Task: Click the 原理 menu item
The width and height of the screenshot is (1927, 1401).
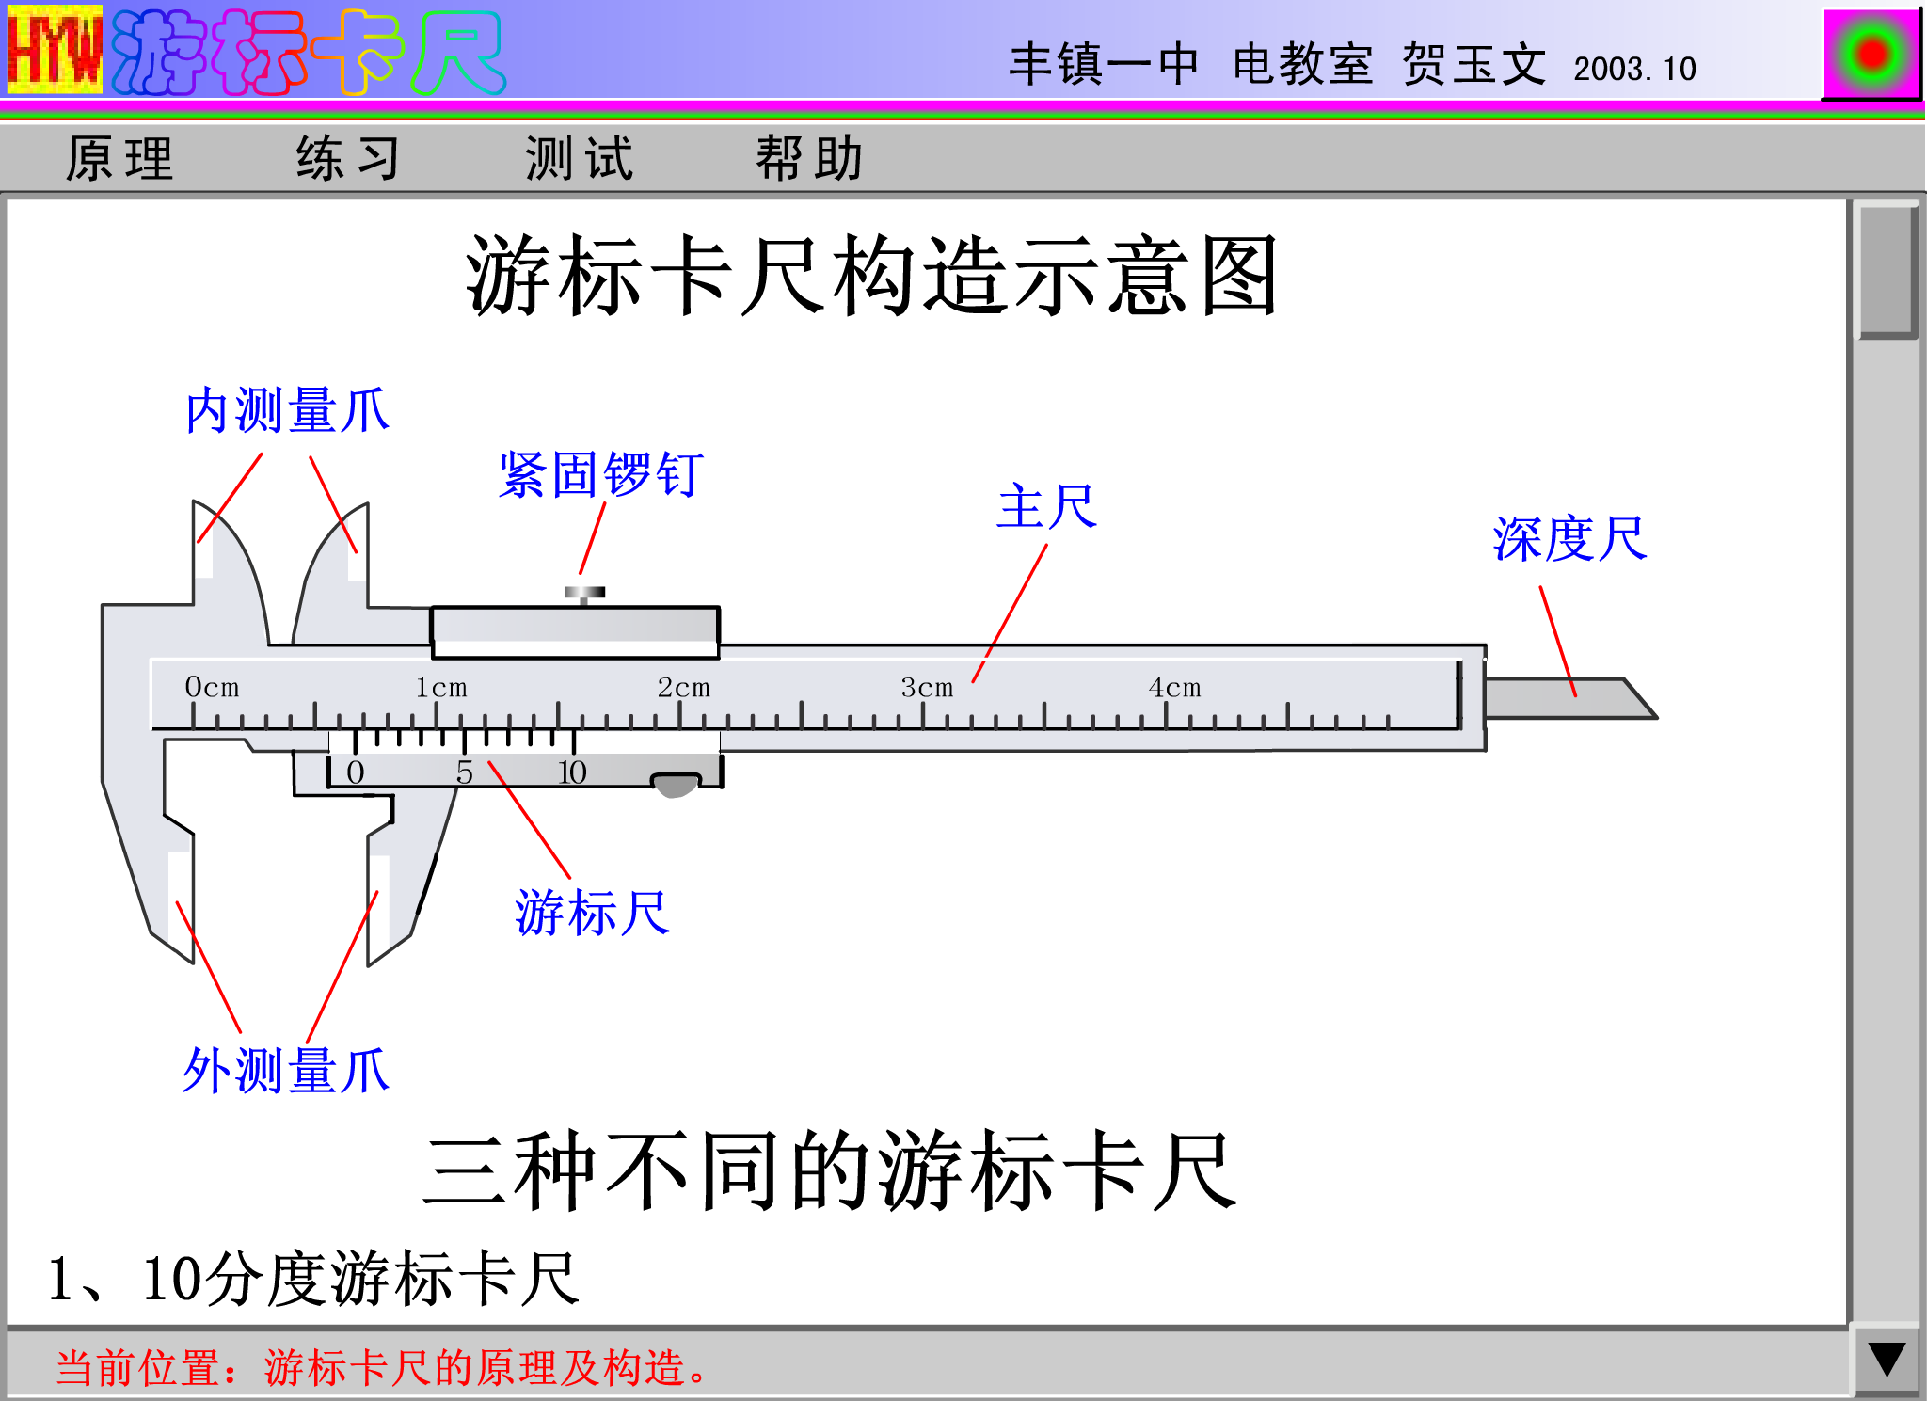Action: [119, 158]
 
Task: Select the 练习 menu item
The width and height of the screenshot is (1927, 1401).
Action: [349, 158]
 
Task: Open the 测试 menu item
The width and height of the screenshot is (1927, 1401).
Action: [580, 158]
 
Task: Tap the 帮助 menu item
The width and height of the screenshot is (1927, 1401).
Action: [810, 158]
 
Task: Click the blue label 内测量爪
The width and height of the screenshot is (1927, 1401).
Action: [288, 410]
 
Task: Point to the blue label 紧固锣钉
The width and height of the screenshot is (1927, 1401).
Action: [601, 474]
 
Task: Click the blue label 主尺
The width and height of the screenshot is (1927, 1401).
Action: [1047, 507]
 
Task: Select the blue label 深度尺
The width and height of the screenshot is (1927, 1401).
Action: [1570, 539]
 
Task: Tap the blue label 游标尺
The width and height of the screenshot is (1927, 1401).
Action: [593, 913]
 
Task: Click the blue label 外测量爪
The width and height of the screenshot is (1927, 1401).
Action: [286, 1071]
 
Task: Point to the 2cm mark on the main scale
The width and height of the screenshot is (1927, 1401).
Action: [683, 688]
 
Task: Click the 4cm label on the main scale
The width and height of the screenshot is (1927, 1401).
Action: [1174, 688]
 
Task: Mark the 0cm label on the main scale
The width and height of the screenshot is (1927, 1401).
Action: [212, 688]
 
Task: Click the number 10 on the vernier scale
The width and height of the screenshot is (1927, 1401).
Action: [572, 772]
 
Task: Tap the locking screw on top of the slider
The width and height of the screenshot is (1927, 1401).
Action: [584, 595]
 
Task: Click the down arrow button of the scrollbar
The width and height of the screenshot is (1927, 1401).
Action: [1887, 1361]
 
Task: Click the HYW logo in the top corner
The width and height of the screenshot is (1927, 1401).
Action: [55, 50]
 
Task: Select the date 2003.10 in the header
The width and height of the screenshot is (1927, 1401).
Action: [1634, 69]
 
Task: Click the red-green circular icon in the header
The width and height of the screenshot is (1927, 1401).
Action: [1871, 54]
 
